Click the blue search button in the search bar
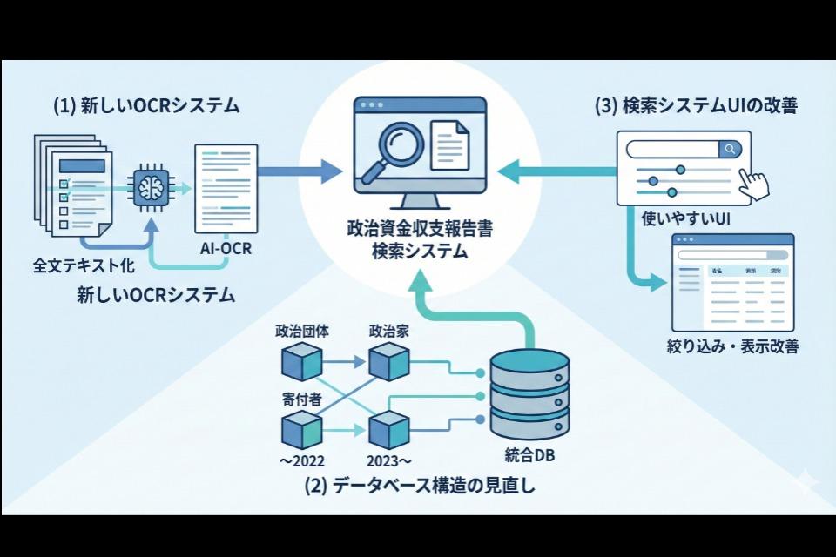pyautogui.click(x=730, y=149)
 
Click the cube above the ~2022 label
pyautogui.click(x=301, y=430)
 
